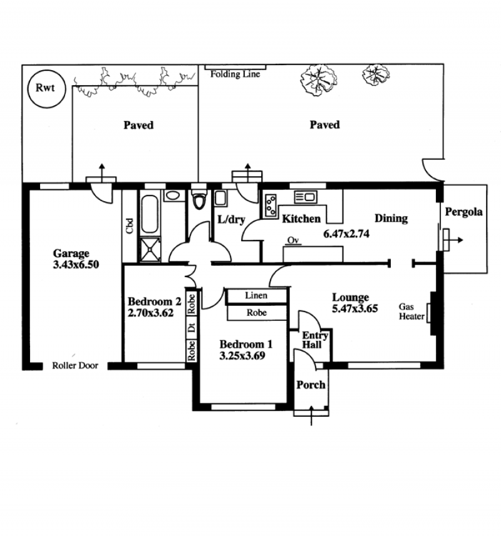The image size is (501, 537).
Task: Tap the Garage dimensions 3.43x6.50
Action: [76, 264]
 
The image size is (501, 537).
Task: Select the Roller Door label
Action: [75, 365]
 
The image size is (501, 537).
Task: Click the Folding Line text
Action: [235, 74]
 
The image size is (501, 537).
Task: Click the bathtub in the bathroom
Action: [150, 214]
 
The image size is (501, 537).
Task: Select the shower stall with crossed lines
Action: [150, 249]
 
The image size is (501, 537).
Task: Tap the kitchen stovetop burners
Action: [271, 206]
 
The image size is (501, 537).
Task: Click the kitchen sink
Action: [306, 197]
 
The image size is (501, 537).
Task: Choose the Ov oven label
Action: [293, 241]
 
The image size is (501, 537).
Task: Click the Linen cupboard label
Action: [256, 295]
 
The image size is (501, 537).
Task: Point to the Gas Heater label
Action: [411, 311]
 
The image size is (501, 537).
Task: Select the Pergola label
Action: [463, 212]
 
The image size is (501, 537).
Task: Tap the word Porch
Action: [311, 385]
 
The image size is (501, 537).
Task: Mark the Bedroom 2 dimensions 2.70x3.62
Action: [150, 313]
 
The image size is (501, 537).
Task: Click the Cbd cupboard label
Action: [130, 226]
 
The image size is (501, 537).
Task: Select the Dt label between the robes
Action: [191, 328]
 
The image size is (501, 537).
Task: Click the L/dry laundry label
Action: [231, 219]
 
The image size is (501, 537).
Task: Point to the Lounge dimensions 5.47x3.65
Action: [355, 308]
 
